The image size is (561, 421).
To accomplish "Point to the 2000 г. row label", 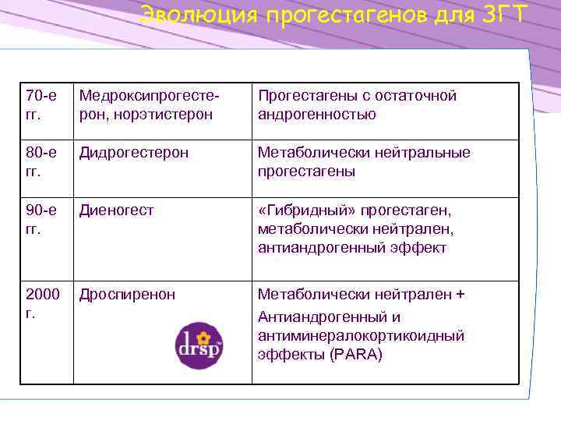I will click(43, 303).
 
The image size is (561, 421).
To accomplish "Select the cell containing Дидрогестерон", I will click(132, 153).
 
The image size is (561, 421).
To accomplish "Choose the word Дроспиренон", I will click(126, 295).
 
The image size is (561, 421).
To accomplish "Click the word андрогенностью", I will click(317, 115).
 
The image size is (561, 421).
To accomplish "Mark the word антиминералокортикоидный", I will click(361, 336).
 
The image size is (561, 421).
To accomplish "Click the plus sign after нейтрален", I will click(460, 295).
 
